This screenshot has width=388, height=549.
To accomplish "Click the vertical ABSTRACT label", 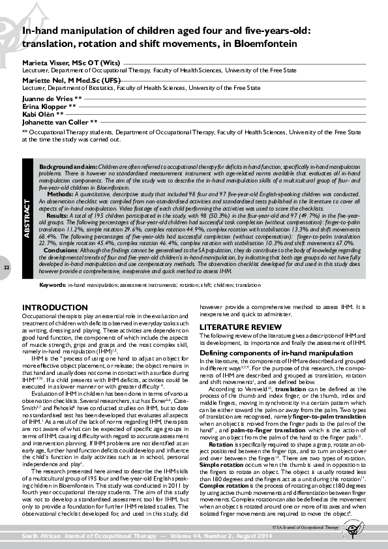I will point(27,211).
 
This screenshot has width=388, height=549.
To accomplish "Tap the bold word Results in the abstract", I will point(57,215).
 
